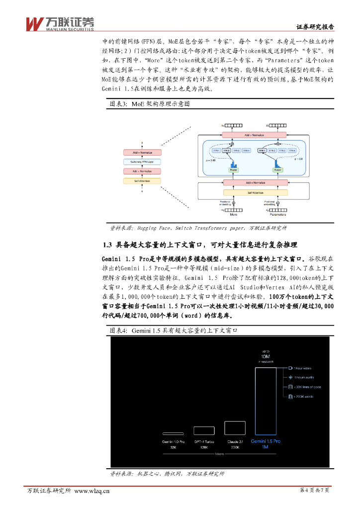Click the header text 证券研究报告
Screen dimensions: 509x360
coord(315,27)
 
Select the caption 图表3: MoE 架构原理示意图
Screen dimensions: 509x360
coord(150,104)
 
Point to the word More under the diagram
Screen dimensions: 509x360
coord(233,215)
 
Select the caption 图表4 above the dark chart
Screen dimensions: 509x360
coord(174,330)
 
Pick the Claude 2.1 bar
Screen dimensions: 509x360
coord(234,428)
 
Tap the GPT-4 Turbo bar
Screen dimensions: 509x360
coord(204,431)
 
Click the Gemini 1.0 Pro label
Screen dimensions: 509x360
coord(173,441)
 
